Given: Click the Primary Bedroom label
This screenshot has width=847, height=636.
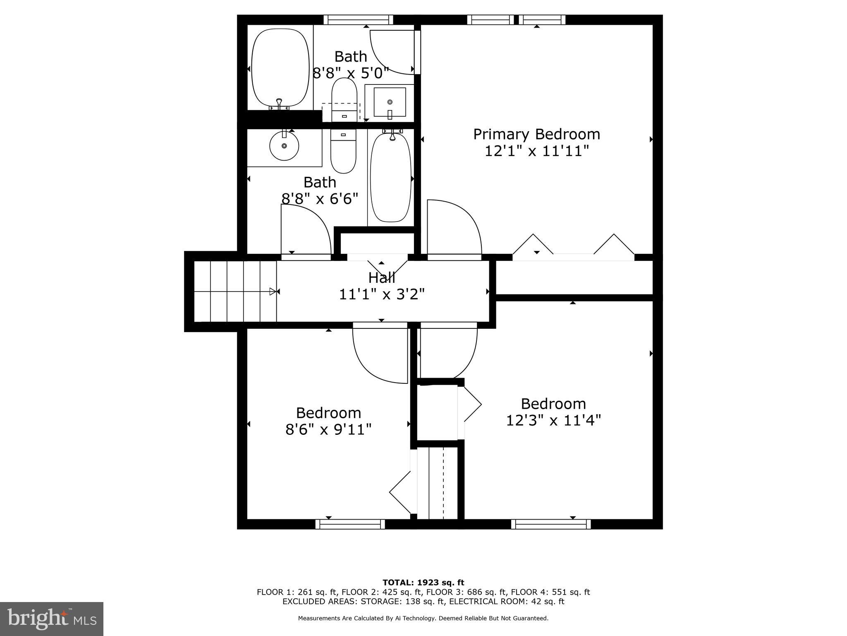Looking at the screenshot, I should pyautogui.click(x=536, y=134).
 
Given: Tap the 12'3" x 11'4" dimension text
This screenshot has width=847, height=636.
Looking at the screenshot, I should pyautogui.click(x=553, y=421).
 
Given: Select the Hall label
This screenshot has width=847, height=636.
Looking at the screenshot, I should pyautogui.click(x=381, y=277).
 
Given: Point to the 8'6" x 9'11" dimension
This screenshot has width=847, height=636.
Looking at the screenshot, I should pyautogui.click(x=328, y=430).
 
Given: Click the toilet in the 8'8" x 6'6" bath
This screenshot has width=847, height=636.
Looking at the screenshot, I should pyautogui.click(x=343, y=151).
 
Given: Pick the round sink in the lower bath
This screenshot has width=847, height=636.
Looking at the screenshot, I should pyautogui.click(x=284, y=146).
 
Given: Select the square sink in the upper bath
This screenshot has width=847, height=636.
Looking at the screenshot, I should pyautogui.click(x=390, y=102).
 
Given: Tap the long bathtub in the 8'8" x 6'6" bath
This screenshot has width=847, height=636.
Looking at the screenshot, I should pyautogui.click(x=391, y=177).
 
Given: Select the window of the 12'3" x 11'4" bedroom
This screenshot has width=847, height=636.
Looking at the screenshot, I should pyautogui.click(x=551, y=524).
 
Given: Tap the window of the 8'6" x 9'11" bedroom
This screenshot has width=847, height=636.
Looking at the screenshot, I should pyautogui.click(x=350, y=524).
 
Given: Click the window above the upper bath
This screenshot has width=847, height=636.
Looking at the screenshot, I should pyautogui.click(x=358, y=19).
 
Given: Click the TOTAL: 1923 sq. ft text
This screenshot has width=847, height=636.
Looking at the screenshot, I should pyautogui.click(x=423, y=583).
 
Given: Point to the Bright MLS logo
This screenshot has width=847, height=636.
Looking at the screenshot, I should pyautogui.click(x=52, y=619).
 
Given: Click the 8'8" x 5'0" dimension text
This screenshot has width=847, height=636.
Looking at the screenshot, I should pyautogui.click(x=351, y=74).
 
